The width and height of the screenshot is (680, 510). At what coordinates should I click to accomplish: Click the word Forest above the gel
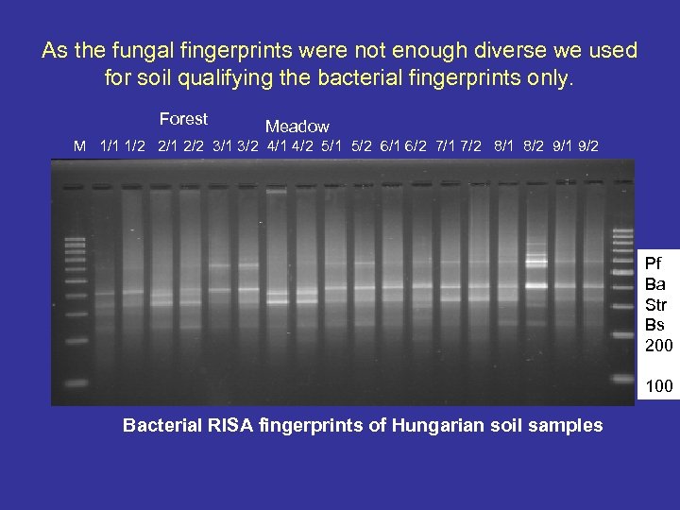point(183,119)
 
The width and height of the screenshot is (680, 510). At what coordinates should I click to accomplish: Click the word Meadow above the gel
point(297,126)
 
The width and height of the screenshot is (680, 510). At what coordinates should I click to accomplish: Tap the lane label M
point(80,146)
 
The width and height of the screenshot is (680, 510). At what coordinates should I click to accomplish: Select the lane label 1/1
point(110,146)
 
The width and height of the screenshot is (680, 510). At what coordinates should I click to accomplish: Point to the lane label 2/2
point(195,146)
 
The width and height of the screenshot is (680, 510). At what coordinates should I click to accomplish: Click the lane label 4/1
point(279,146)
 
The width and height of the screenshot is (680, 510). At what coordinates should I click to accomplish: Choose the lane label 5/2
point(362,146)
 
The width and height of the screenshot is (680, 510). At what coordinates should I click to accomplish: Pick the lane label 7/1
point(447,146)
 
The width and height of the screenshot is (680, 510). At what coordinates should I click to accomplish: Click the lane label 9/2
point(587,146)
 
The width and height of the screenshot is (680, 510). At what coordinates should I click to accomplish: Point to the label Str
point(655,303)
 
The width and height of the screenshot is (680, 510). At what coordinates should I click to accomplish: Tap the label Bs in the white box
point(654,324)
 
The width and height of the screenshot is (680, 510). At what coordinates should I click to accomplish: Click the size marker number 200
point(658,346)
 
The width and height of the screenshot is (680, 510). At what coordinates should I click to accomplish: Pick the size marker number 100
point(658,386)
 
